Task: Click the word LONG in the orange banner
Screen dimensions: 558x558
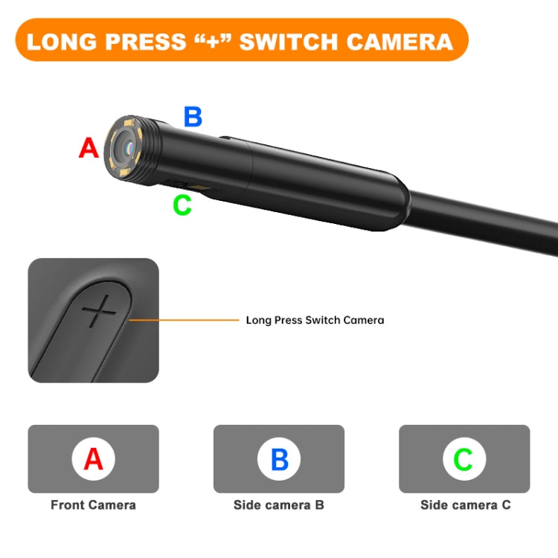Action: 62,41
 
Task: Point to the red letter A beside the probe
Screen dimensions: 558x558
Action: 89,148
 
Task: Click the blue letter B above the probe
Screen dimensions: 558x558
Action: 193,117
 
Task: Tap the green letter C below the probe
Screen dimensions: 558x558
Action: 182,205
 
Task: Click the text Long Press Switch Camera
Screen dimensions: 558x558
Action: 315,320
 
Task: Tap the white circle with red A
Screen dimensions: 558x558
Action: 93,459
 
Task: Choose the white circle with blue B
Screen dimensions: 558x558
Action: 279,459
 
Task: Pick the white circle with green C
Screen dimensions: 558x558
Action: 464,459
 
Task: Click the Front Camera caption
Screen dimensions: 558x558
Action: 93,505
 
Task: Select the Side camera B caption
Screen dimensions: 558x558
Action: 279,505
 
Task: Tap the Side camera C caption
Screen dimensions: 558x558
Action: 465,505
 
